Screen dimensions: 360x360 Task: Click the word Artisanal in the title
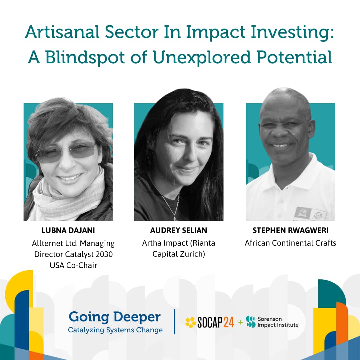click(62, 32)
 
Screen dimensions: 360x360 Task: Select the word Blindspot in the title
click(85, 57)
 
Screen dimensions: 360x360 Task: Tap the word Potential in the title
click(294, 57)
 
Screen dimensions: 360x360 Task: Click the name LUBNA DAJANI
click(68, 230)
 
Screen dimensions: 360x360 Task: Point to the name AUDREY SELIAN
click(179, 230)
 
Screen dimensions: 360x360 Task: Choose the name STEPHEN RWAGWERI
click(290, 230)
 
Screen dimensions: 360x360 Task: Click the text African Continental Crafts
click(290, 243)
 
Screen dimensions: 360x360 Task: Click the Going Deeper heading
click(115, 317)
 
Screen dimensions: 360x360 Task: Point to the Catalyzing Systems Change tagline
click(115, 330)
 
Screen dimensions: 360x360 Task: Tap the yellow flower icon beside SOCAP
click(191, 322)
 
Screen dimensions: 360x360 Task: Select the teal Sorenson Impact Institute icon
click(250, 322)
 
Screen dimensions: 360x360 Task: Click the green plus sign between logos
click(240, 322)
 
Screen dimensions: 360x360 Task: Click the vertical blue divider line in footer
click(175, 322)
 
